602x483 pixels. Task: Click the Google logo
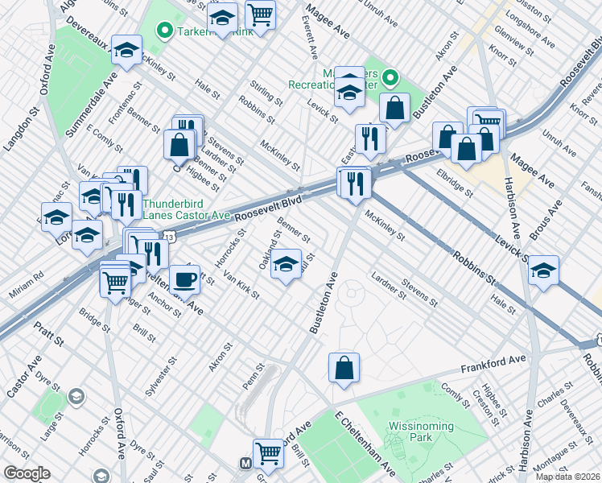27,473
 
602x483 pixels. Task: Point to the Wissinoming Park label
410,431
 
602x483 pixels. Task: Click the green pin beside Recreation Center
390,79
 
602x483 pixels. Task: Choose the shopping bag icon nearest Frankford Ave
344,368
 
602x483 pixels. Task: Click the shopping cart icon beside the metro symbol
269,453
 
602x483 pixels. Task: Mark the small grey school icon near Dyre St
76,396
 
